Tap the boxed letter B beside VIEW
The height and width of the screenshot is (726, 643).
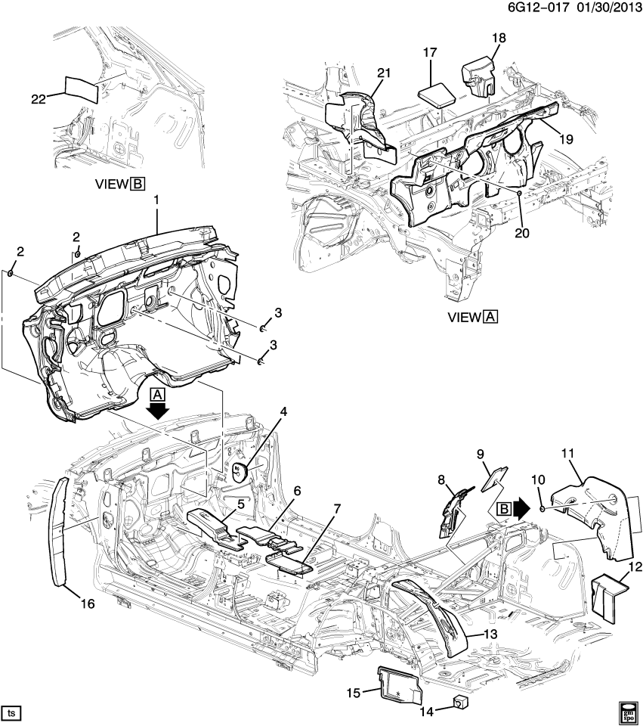tap(138, 184)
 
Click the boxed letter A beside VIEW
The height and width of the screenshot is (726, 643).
tap(490, 317)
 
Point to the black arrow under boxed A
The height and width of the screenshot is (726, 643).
tap(158, 411)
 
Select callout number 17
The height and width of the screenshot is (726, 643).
tap(430, 53)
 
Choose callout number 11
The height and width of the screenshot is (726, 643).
tap(568, 453)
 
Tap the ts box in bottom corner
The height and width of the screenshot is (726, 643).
tap(12, 712)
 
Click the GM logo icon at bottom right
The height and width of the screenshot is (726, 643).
tap(629, 712)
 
